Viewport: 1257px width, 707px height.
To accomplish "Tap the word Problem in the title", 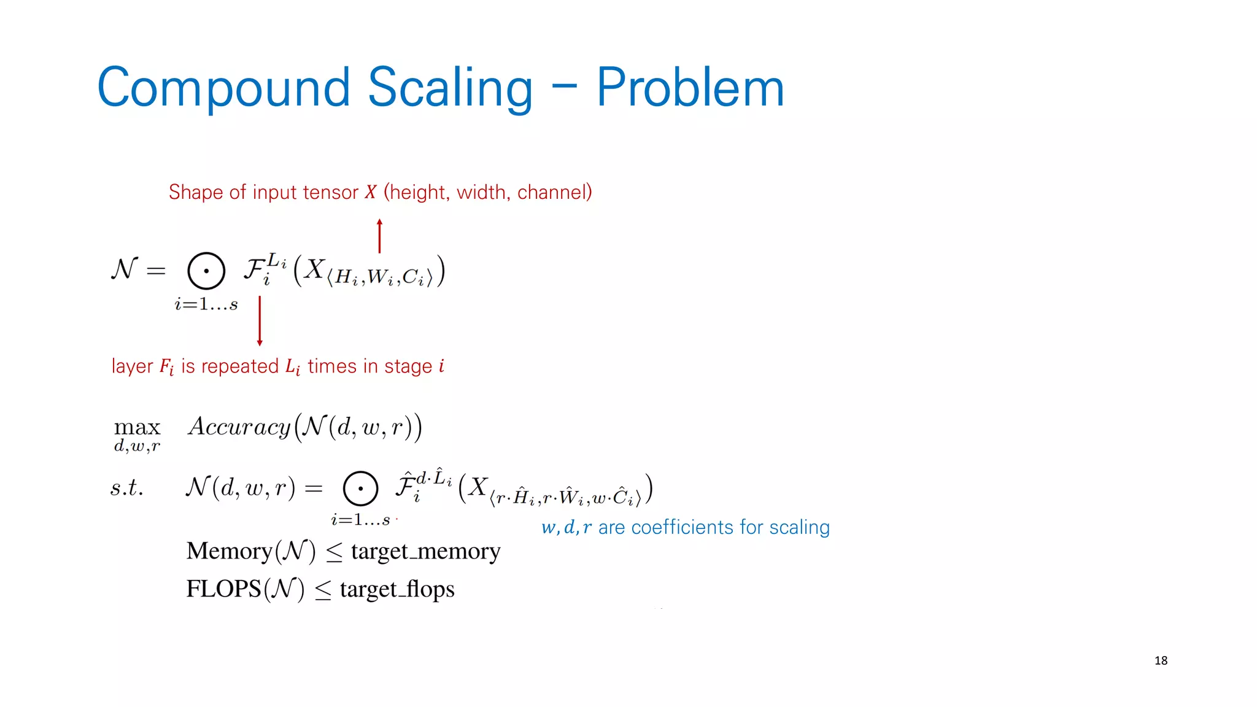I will (690, 88).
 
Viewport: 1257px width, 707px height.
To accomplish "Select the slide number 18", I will (1161, 660).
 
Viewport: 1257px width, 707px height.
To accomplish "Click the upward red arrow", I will (379, 236).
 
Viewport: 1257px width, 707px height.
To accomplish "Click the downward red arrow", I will (260, 321).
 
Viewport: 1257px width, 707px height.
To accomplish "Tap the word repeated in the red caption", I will (240, 366).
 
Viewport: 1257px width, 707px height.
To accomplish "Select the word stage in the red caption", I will (408, 366).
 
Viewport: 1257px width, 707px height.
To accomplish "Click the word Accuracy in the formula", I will (239, 426).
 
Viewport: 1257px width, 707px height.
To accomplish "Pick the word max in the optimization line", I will (137, 427).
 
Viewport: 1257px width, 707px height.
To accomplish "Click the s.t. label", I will (127, 487).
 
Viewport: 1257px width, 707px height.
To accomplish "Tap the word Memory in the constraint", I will (229, 551).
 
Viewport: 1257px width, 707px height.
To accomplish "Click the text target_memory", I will (425, 551).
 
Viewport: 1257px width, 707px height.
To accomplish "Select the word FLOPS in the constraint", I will (223, 589).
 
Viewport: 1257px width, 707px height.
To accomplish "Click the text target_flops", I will (397, 589).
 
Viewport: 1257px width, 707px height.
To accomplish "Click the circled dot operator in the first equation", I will (206, 271).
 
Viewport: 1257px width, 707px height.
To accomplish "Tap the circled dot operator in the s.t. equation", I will (360, 489).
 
